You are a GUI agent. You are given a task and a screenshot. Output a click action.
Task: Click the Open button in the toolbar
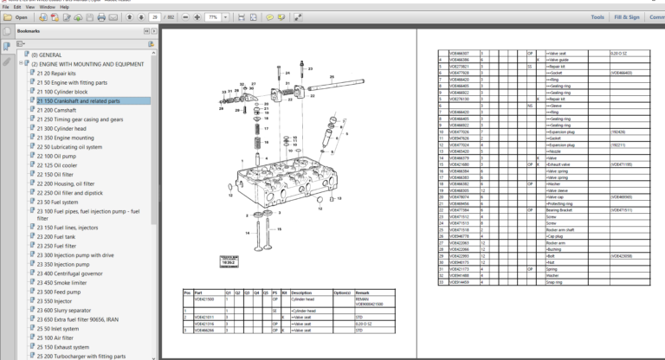coord(16,16)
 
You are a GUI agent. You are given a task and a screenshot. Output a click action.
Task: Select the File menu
coord(6,6)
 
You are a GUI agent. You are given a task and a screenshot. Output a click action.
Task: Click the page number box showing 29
coord(155,16)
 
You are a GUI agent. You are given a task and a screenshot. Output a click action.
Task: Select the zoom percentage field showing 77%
coord(211,16)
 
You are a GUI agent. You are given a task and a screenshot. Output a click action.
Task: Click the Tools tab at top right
coord(597,16)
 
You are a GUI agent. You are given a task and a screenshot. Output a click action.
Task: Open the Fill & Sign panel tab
coord(627,16)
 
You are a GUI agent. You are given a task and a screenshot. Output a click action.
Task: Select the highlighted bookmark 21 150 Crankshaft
coord(78,100)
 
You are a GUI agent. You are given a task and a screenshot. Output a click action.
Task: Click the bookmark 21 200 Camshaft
coord(61,110)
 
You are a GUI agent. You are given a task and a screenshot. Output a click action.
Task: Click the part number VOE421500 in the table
coord(204,299)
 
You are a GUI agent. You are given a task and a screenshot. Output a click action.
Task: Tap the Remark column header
coord(364,292)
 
